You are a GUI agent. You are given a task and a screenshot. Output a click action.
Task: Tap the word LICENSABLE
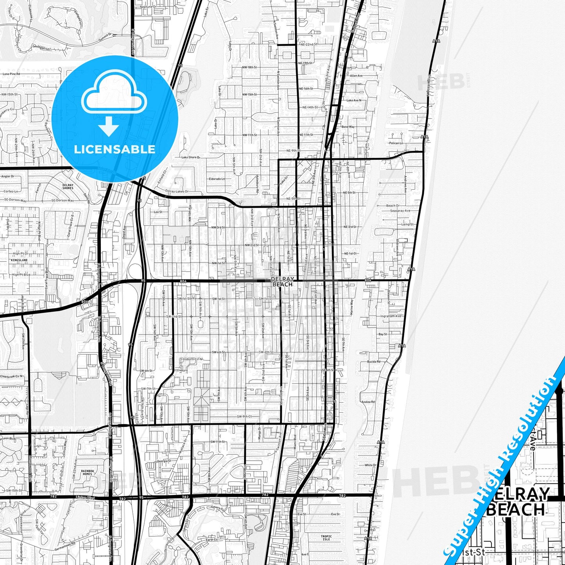(x=115, y=149)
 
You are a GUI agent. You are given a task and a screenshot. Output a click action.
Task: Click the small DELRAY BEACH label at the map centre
(x=282, y=282)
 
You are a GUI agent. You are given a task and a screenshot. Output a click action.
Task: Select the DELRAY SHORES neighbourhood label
(x=68, y=186)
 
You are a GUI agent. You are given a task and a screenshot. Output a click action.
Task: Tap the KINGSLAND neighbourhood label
(x=19, y=260)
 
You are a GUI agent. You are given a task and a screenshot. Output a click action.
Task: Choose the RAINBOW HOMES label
(x=87, y=472)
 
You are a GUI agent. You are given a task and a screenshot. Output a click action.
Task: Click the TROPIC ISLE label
(x=326, y=538)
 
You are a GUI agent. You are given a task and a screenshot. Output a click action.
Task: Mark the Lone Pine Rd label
(x=11, y=74)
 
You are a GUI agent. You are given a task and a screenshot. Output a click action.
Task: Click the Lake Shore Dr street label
(x=190, y=157)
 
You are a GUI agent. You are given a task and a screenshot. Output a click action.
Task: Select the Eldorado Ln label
(x=217, y=179)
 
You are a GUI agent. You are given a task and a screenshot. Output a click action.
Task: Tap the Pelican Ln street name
(x=396, y=143)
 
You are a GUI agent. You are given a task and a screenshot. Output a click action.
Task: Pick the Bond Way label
(x=348, y=127)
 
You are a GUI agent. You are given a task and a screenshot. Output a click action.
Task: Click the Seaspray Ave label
(x=400, y=211)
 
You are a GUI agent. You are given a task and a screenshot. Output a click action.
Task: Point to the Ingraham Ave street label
(x=391, y=316)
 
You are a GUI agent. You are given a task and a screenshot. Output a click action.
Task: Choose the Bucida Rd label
(x=373, y=362)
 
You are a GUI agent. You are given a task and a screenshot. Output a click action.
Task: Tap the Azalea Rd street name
(x=368, y=402)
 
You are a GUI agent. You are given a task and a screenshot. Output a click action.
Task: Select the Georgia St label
(x=164, y=461)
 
